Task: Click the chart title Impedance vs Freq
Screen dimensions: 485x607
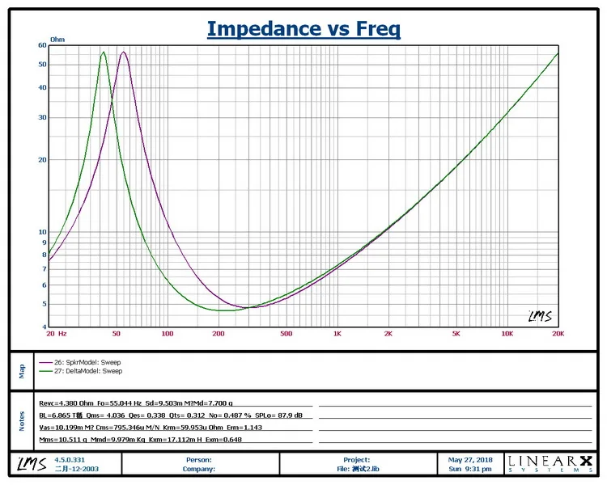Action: coord(303,29)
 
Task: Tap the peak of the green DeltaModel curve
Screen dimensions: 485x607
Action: coord(104,53)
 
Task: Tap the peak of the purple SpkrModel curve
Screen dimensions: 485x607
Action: coord(123,53)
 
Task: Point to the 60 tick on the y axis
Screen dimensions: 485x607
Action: coord(41,45)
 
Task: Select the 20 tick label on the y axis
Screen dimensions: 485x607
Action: coord(41,159)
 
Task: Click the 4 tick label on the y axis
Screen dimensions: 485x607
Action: coord(44,327)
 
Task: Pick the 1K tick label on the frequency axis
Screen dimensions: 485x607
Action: coord(337,333)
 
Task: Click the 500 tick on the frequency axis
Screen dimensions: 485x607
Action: coord(286,333)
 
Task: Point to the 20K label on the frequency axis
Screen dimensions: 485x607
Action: coord(558,333)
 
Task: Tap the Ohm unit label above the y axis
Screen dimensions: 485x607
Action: coord(57,39)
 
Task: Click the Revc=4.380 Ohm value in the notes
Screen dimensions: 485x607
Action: coord(66,403)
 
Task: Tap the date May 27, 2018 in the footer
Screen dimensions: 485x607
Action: coord(469,459)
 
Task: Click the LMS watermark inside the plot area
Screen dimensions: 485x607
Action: coord(539,316)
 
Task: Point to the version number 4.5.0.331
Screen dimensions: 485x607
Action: coord(70,459)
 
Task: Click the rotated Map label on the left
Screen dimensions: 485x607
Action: coord(22,372)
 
